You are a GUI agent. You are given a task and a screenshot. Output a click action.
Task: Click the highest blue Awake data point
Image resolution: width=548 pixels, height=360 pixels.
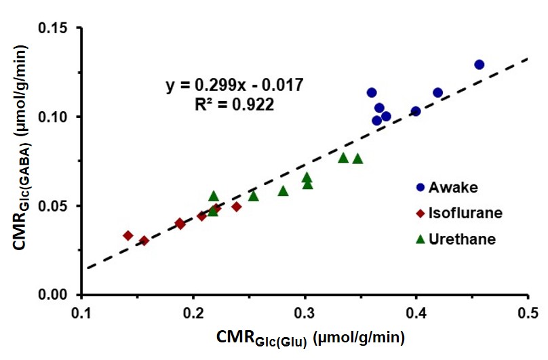point(479,64)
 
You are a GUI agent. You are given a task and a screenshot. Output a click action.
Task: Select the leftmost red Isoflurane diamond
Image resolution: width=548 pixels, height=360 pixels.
point(128,235)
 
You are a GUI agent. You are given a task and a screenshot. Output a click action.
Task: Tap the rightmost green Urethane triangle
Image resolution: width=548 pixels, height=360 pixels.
point(357,159)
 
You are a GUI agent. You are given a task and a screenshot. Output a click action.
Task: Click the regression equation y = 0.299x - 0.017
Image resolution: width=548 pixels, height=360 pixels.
point(235,85)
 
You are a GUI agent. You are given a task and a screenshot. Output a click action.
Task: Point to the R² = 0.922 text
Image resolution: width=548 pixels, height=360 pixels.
point(235,104)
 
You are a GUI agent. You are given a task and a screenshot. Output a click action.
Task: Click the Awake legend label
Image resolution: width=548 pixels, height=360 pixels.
point(453,188)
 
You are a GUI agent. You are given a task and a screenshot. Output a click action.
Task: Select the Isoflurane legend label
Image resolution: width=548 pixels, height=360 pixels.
point(465,213)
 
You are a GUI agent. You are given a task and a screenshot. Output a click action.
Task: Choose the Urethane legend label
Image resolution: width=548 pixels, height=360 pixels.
point(462,239)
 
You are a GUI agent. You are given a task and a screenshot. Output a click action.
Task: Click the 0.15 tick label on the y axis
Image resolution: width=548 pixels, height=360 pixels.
point(53,28)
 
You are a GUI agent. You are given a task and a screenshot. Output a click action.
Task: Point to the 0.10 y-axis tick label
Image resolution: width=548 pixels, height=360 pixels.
point(53,117)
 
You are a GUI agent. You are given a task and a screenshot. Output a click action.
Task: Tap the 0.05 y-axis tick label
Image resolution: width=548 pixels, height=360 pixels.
point(53,206)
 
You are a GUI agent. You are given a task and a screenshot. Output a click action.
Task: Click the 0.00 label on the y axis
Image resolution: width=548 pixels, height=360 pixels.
point(53,295)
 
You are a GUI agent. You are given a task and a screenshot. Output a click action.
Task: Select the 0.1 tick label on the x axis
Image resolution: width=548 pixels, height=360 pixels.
point(81,313)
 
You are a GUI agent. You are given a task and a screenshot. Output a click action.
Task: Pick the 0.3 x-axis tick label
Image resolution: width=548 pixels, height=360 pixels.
point(305,313)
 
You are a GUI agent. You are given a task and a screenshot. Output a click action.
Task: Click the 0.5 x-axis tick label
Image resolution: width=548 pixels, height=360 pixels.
point(528,313)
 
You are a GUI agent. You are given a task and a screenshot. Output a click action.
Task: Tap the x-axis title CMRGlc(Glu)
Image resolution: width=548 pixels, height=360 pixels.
point(311,338)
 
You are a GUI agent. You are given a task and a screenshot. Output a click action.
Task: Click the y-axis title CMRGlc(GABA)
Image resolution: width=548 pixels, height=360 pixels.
point(21,148)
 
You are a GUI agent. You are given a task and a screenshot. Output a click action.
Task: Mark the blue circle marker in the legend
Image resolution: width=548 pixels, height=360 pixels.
point(420,188)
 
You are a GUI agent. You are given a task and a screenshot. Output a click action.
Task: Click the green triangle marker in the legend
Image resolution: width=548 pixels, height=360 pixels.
point(420,239)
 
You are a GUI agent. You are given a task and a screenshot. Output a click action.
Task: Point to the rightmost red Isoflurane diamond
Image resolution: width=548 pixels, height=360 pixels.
point(237,207)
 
